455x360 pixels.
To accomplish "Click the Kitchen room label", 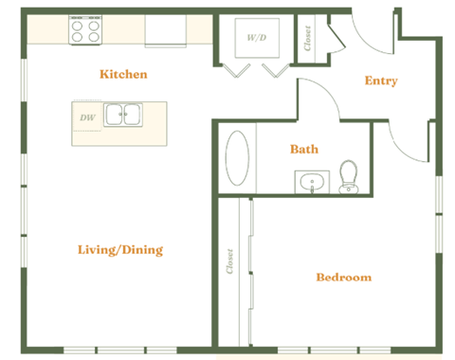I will (x=123, y=74).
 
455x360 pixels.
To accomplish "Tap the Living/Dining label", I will (x=119, y=250).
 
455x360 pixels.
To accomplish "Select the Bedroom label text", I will (x=343, y=278).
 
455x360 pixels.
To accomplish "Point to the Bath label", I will (x=304, y=149).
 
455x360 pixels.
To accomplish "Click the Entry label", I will (x=381, y=81).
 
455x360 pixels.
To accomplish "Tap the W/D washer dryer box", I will (x=257, y=39).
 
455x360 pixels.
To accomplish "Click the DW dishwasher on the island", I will (x=86, y=117).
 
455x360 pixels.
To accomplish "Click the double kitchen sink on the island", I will (x=123, y=117).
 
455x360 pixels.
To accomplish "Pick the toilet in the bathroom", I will (x=348, y=176).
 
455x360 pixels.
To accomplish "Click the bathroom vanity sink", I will (x=310, y=181).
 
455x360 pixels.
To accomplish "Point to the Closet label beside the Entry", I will (x=309, y=38).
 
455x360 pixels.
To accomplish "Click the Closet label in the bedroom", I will (x=230, y=262).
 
